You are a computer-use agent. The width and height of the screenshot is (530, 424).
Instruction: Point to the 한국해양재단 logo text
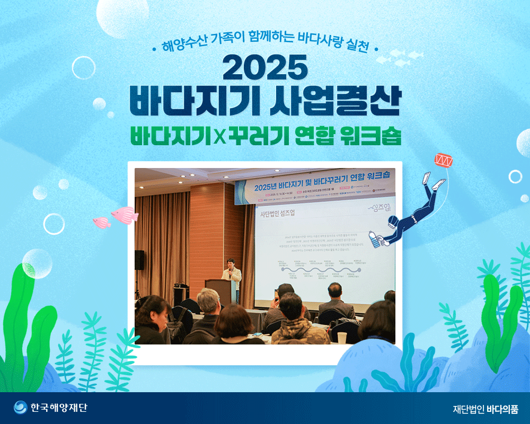coord(58,408)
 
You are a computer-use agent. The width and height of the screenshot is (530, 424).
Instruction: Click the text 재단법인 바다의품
coord(485,409)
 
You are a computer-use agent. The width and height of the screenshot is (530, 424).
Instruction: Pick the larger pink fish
coord(125,215)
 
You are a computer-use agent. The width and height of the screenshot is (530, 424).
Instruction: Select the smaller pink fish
coord(102,223)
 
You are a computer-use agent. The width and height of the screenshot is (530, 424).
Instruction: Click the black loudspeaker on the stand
coord(139,259)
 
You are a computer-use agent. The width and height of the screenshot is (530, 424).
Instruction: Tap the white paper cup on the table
coord(342,338)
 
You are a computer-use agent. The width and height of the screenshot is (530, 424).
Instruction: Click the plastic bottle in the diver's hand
coord(377,238)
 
